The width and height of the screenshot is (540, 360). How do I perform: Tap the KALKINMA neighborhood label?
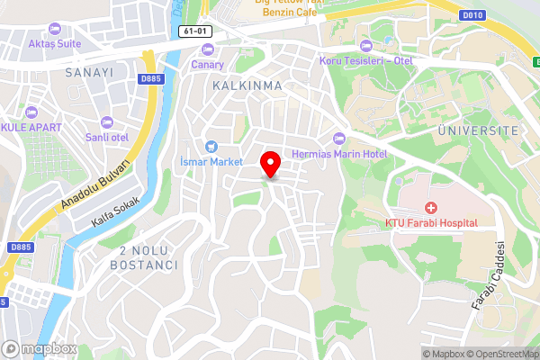tap(247, 85)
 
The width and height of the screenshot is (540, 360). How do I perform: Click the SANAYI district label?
tap(88, 72)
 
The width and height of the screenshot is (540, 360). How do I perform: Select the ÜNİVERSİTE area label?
tap(478, 130)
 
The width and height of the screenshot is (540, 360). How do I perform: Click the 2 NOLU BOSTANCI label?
tap(143, 258)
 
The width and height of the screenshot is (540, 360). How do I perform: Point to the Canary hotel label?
tap(207, 65)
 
